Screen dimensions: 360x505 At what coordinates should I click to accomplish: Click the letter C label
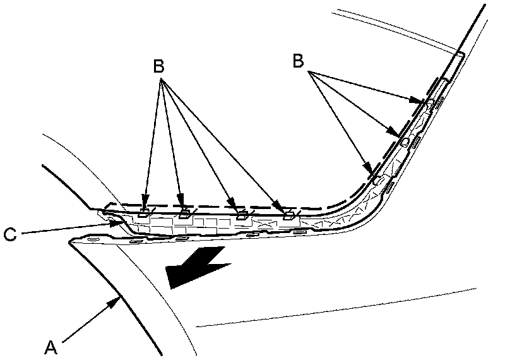[x=9, y=234]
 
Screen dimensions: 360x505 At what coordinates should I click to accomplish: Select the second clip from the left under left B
[x=184, y=215]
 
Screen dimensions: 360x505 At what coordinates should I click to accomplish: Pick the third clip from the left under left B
[x=241, y=217]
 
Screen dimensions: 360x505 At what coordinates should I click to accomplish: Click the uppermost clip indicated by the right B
[x=429, y=103]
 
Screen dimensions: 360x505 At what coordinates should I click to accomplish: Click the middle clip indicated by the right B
[x=404, y=141]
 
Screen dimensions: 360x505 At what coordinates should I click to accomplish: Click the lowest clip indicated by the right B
[x=377, y=179]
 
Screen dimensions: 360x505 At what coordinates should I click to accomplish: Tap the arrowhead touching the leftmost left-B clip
[x=146, y=205]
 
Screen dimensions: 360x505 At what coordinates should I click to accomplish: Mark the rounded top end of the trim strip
[x=465, y=56]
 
